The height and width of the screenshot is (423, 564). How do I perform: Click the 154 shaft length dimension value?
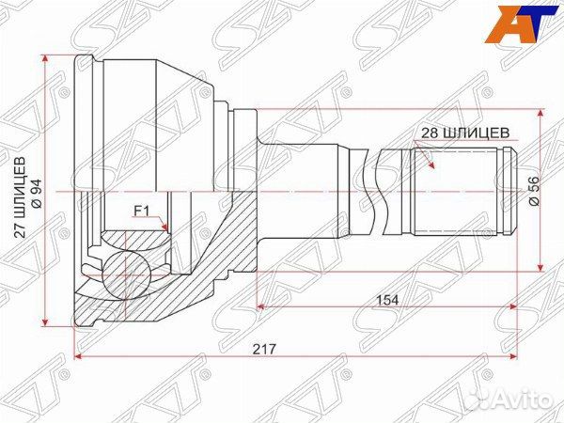pyautogui.click(x=387, y=300)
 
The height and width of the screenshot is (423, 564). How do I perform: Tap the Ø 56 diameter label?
pyautogui.click(x=535, y=191)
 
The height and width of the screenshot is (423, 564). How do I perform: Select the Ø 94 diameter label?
pyautogui.click(x=37, y=193)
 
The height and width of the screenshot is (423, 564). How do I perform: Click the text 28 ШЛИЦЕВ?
pyautogui.click(x=465, y=133)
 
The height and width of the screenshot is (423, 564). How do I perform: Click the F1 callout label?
pyautogui.click(x=141, y=211)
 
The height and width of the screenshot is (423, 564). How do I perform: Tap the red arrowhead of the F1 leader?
pyautogui.click(x=164, y=227)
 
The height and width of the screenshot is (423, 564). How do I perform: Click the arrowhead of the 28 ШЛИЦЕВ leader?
pyautogui.click(x=431, y=164)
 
